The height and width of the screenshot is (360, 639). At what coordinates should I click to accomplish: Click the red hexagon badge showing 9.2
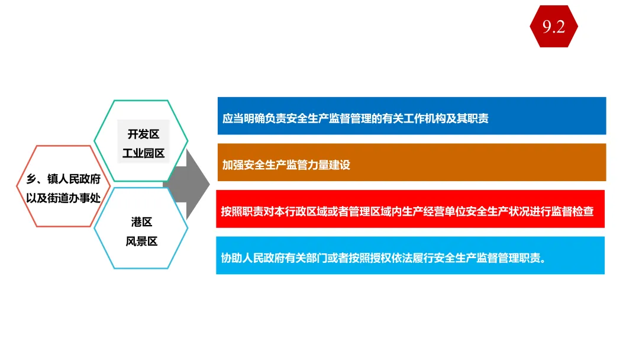[x=554, y=27]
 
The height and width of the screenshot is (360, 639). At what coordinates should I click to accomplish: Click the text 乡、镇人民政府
[x=64, y=179]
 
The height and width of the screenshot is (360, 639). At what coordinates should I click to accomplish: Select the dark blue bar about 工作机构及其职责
[x=412, y=116]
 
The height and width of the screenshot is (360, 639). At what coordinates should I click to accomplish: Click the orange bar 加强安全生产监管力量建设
[x=412, y=162]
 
